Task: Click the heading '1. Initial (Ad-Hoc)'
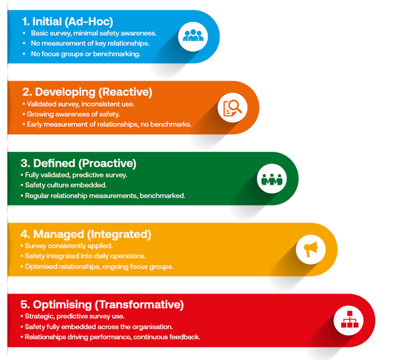(68, 22)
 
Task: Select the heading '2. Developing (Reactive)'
(87, 92)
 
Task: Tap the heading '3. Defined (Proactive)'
(78, 163)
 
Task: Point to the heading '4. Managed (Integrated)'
(86, 235)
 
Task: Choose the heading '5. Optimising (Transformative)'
(102, 305)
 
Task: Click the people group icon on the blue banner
(193, 36)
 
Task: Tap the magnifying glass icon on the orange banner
(232, 108)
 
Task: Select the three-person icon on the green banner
(272, 179)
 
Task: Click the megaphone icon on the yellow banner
(311, 249)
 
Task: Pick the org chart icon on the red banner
(349, 319)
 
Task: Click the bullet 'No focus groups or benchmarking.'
(86, 54)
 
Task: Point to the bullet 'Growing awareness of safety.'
(73, 114)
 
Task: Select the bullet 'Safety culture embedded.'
(66, 185)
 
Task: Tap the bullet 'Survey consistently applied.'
(69, 246)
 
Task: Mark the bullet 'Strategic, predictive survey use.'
(75, 316)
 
